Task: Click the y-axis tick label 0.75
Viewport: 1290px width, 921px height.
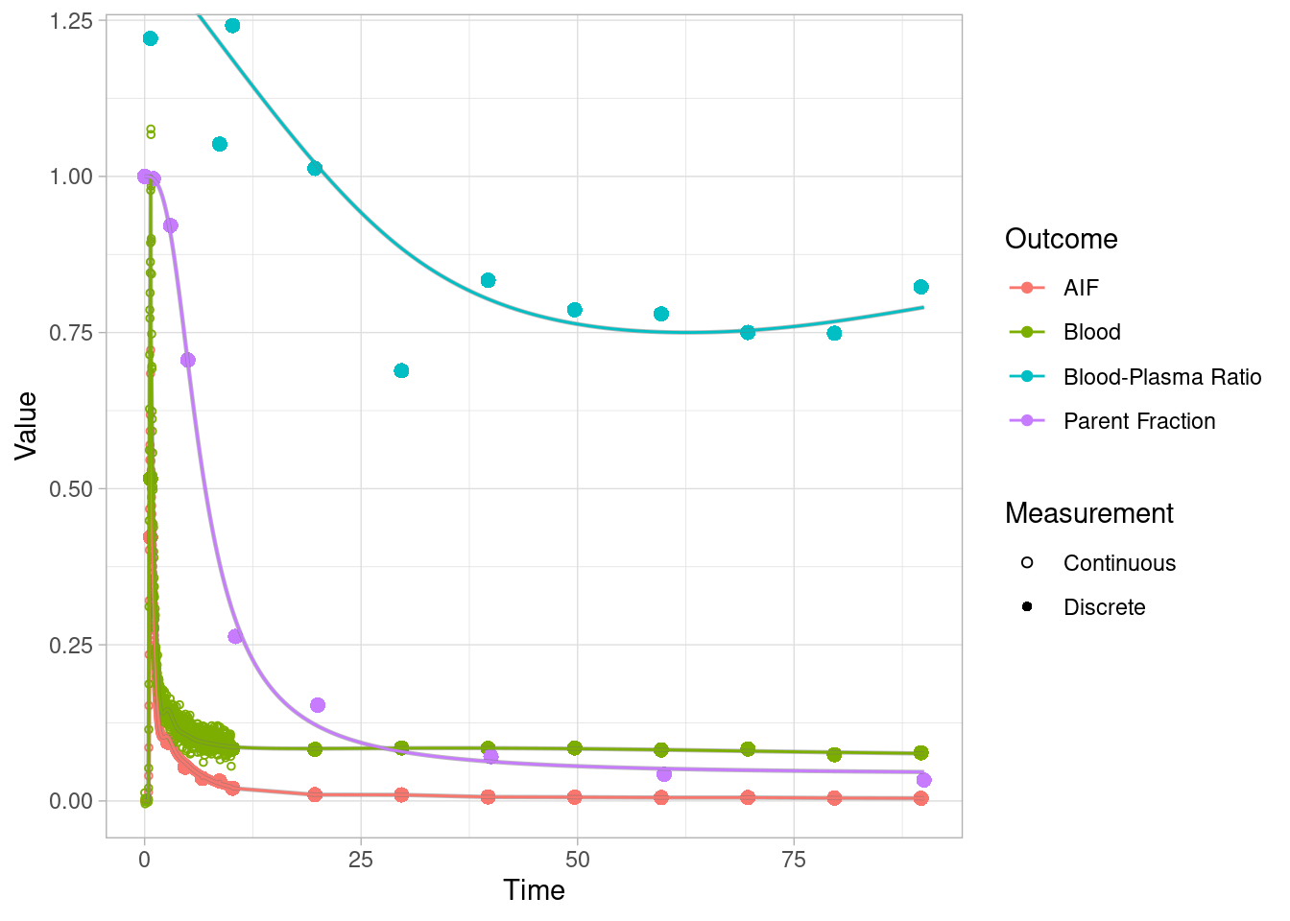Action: pyautogui.click(x=71, y=333)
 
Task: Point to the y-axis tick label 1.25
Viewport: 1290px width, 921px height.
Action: pyautogui.click(x=71, y=21)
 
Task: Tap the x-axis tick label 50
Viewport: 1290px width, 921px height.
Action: pyautogui.click(x=577, y=860)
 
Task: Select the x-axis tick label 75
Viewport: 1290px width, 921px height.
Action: pyautogui.click(x=794, y=860)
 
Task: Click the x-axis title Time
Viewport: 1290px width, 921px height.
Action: pyautogui.click(x=534, y=890)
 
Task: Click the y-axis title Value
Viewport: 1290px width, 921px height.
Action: pyautogui.click(x=26, y=425)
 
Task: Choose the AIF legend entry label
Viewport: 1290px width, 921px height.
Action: pyautogui.click(x=1081, y=288)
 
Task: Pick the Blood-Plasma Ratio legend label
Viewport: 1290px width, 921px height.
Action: pyautogui.click(x=1161, y=377)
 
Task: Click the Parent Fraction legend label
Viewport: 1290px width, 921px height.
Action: pyautogui.click(x=1139, y=421)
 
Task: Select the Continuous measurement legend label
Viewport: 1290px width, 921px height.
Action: pyautogui.click(x=1119, y=563)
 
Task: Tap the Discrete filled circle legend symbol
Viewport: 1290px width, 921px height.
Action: pyautogui.click(x=1027, y=607)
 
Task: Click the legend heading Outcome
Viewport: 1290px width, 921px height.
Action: pyautogui.click(x=1061, y=239)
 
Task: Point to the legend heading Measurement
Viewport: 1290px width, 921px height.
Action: pyautogui.click(x=1088, y=513)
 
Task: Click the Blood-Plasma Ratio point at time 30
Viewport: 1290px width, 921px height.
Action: pyautogui.click(x=401, y=370)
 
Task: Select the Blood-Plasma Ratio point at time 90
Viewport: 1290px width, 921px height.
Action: pyautogui.click(x=921, y=287)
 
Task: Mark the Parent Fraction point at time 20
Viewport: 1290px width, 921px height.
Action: pyautogui.click(x=318, y=705)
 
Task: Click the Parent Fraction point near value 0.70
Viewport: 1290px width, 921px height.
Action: pyautogui.click(x=188, y=360)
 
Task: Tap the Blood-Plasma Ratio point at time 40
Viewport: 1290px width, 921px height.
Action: pyautogui.click(x=488, y=280)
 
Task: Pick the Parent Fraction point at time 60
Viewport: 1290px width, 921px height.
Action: pyautogui.click(x=664, y=774)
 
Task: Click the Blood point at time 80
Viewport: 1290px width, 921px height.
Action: pyautogui.click(x=834, y=755)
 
